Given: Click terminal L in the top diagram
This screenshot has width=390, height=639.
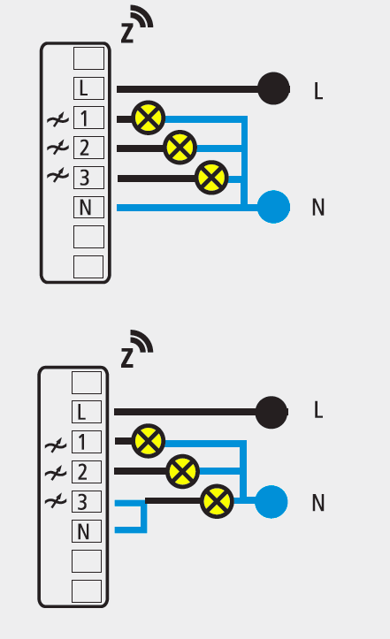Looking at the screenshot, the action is point(88,88).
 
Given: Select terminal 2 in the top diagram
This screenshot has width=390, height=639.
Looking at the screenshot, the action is point(88,148).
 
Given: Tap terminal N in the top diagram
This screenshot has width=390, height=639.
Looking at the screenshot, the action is point(88,207).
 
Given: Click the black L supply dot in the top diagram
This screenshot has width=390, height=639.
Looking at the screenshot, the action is point(274,88).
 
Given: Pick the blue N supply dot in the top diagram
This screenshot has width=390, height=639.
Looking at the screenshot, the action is point(274,207).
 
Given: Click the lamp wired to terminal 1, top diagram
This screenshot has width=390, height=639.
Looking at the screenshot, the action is point(149,118).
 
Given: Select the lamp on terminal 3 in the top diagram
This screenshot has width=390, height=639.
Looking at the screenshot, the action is point(211,178).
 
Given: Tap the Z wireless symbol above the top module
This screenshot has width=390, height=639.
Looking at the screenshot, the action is point(137,25).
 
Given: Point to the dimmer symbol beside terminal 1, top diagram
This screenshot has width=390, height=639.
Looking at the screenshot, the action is point(57,119).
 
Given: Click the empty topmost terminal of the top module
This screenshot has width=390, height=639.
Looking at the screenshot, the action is point(88,58).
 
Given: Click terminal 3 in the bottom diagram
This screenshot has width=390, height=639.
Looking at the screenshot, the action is point(87,501).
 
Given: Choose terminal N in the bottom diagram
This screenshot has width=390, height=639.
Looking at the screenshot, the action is point(87,531).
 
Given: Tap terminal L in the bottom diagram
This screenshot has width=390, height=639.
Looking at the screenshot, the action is point(87,412).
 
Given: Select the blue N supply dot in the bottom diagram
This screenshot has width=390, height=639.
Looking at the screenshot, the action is point(271,502).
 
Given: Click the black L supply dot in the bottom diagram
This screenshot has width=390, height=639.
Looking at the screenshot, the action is point(271,412).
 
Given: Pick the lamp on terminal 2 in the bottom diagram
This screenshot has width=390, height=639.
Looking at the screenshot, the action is point(183,471).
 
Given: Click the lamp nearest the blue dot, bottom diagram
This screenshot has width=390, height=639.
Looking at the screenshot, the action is point(217,501).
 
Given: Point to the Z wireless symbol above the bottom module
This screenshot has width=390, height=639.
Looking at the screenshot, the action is point(137,349).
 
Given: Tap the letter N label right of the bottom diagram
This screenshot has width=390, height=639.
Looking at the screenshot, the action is point(318,503).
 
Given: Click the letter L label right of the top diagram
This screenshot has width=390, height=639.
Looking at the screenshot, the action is point(318,91).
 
